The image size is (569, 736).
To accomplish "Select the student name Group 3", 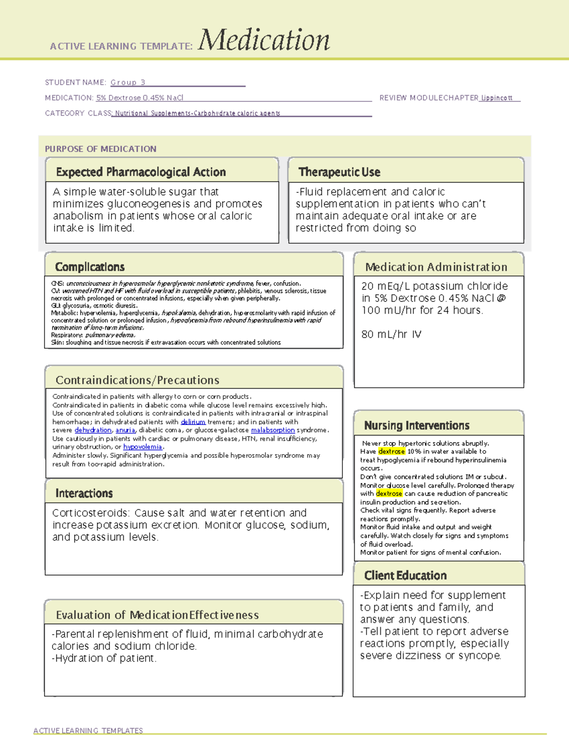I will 128,82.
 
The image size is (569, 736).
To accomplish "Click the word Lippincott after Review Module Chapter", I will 496,98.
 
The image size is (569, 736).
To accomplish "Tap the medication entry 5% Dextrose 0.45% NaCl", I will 139,98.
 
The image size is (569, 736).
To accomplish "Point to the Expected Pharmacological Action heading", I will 141,172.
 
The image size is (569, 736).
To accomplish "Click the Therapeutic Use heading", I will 340,172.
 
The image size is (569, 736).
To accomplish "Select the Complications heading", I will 90,267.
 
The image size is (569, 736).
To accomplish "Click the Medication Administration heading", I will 436,267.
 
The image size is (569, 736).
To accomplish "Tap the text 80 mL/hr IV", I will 391,334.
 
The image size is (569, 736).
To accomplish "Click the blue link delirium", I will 193,422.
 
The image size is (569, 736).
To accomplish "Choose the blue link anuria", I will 125,430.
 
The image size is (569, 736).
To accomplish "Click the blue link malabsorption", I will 273,430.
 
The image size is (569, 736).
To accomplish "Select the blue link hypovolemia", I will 142,447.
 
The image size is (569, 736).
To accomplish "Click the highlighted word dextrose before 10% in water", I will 392,452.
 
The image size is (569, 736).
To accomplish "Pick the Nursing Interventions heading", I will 417,426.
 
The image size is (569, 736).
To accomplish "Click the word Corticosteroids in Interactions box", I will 91,513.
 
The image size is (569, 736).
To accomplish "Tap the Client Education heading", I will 405,575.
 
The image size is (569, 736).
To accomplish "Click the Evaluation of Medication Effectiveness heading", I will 157,615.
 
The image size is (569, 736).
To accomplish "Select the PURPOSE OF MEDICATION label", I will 101,149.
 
